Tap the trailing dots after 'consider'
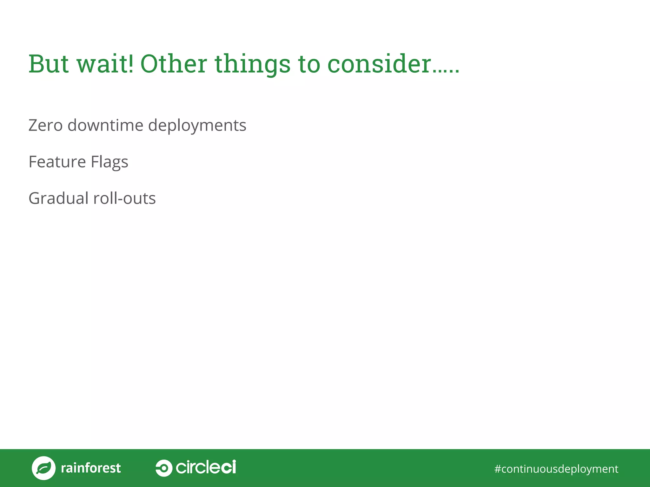446,72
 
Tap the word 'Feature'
57,162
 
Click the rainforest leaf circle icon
43,468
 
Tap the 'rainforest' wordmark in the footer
91,468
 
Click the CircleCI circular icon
164,468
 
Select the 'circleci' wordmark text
206,467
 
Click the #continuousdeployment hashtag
556,469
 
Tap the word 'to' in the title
309,64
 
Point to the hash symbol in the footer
497,469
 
